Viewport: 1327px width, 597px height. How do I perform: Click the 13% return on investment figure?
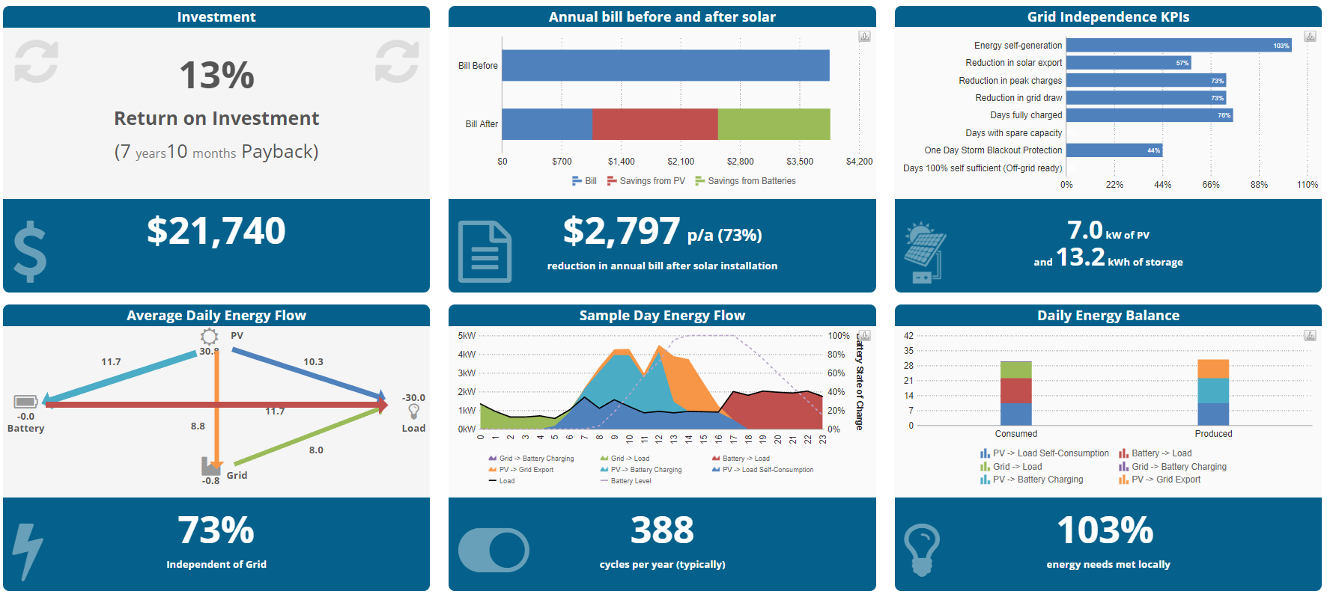216,76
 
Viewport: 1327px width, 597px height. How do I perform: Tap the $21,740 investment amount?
216,230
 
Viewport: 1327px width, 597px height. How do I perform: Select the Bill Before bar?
665,65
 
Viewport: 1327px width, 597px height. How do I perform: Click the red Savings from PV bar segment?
655,124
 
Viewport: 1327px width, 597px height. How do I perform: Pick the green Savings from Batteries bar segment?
774,124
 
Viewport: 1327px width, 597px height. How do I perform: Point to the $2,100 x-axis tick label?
681,162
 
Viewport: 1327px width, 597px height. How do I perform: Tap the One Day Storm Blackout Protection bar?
1114,150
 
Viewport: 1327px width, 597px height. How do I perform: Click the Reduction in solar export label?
1013,63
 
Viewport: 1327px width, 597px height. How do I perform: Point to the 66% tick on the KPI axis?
1211,185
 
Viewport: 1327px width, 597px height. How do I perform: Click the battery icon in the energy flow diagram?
25,402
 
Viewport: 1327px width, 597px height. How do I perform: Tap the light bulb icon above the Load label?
413,411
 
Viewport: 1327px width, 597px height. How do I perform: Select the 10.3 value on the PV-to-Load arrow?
313,362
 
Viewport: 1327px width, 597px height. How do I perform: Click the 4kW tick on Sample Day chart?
467,355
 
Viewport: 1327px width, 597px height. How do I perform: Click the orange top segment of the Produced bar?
1213,369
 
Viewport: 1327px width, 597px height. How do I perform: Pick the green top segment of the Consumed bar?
1015,370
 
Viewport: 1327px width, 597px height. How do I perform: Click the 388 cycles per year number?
662,530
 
